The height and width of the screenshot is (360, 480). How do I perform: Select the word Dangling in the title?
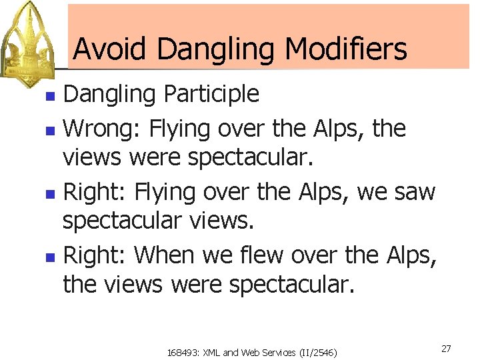point(217,50)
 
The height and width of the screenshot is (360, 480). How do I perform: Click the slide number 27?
point(446,348)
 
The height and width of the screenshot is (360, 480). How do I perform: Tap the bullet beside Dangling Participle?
point(49,96)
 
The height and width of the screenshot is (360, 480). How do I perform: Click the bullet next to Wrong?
point(49,129)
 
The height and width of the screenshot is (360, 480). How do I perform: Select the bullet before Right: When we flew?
point(49,256)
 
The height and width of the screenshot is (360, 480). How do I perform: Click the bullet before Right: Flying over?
point(49,193)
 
